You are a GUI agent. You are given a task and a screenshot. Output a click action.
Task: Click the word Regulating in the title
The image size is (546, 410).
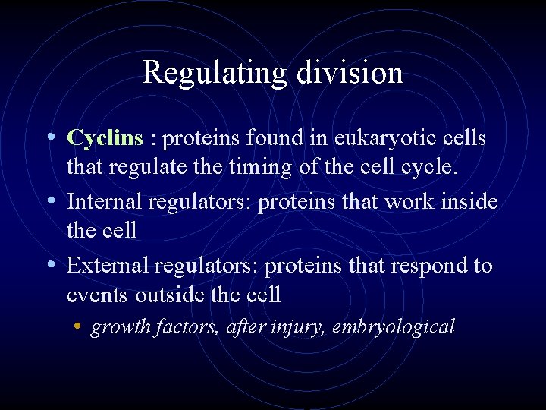213,74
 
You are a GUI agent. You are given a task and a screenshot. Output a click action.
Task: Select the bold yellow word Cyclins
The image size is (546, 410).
105,138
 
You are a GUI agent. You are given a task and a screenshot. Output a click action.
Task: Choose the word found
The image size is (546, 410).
272,138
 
